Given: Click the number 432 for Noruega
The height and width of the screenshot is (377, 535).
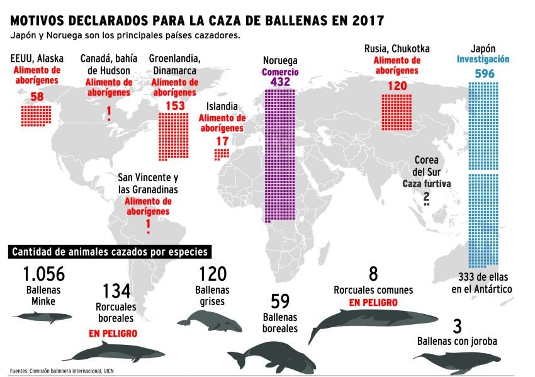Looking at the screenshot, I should [x=280, y=82].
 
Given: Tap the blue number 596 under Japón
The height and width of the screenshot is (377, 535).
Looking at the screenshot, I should [x=484, y=74].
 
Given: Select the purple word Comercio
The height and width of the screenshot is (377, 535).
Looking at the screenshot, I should [x=280, y=72].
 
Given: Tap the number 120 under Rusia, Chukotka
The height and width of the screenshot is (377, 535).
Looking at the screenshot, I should [x=397, y=84].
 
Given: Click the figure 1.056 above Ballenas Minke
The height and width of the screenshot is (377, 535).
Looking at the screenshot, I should [x=43, y=274].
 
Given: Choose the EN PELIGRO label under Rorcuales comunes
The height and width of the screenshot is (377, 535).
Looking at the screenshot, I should [x=373, y=302].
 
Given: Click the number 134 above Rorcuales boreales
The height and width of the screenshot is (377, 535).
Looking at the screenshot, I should [x=116, y=291].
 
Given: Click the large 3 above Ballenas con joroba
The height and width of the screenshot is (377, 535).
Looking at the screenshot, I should [x=457, y=326].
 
